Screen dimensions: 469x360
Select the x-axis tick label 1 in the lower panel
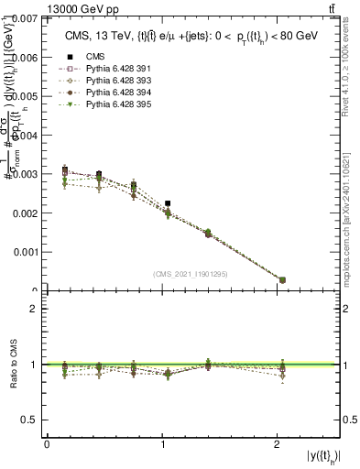coord(164,445)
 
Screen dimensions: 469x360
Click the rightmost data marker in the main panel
coord(282,279)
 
